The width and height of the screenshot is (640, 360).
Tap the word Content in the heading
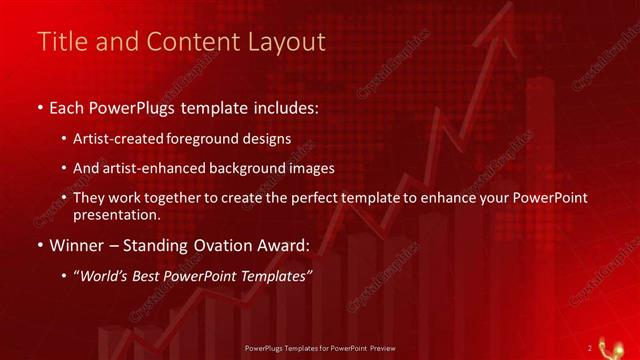pos(188,42)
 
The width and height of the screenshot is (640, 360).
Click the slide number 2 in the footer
pos(590,347)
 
